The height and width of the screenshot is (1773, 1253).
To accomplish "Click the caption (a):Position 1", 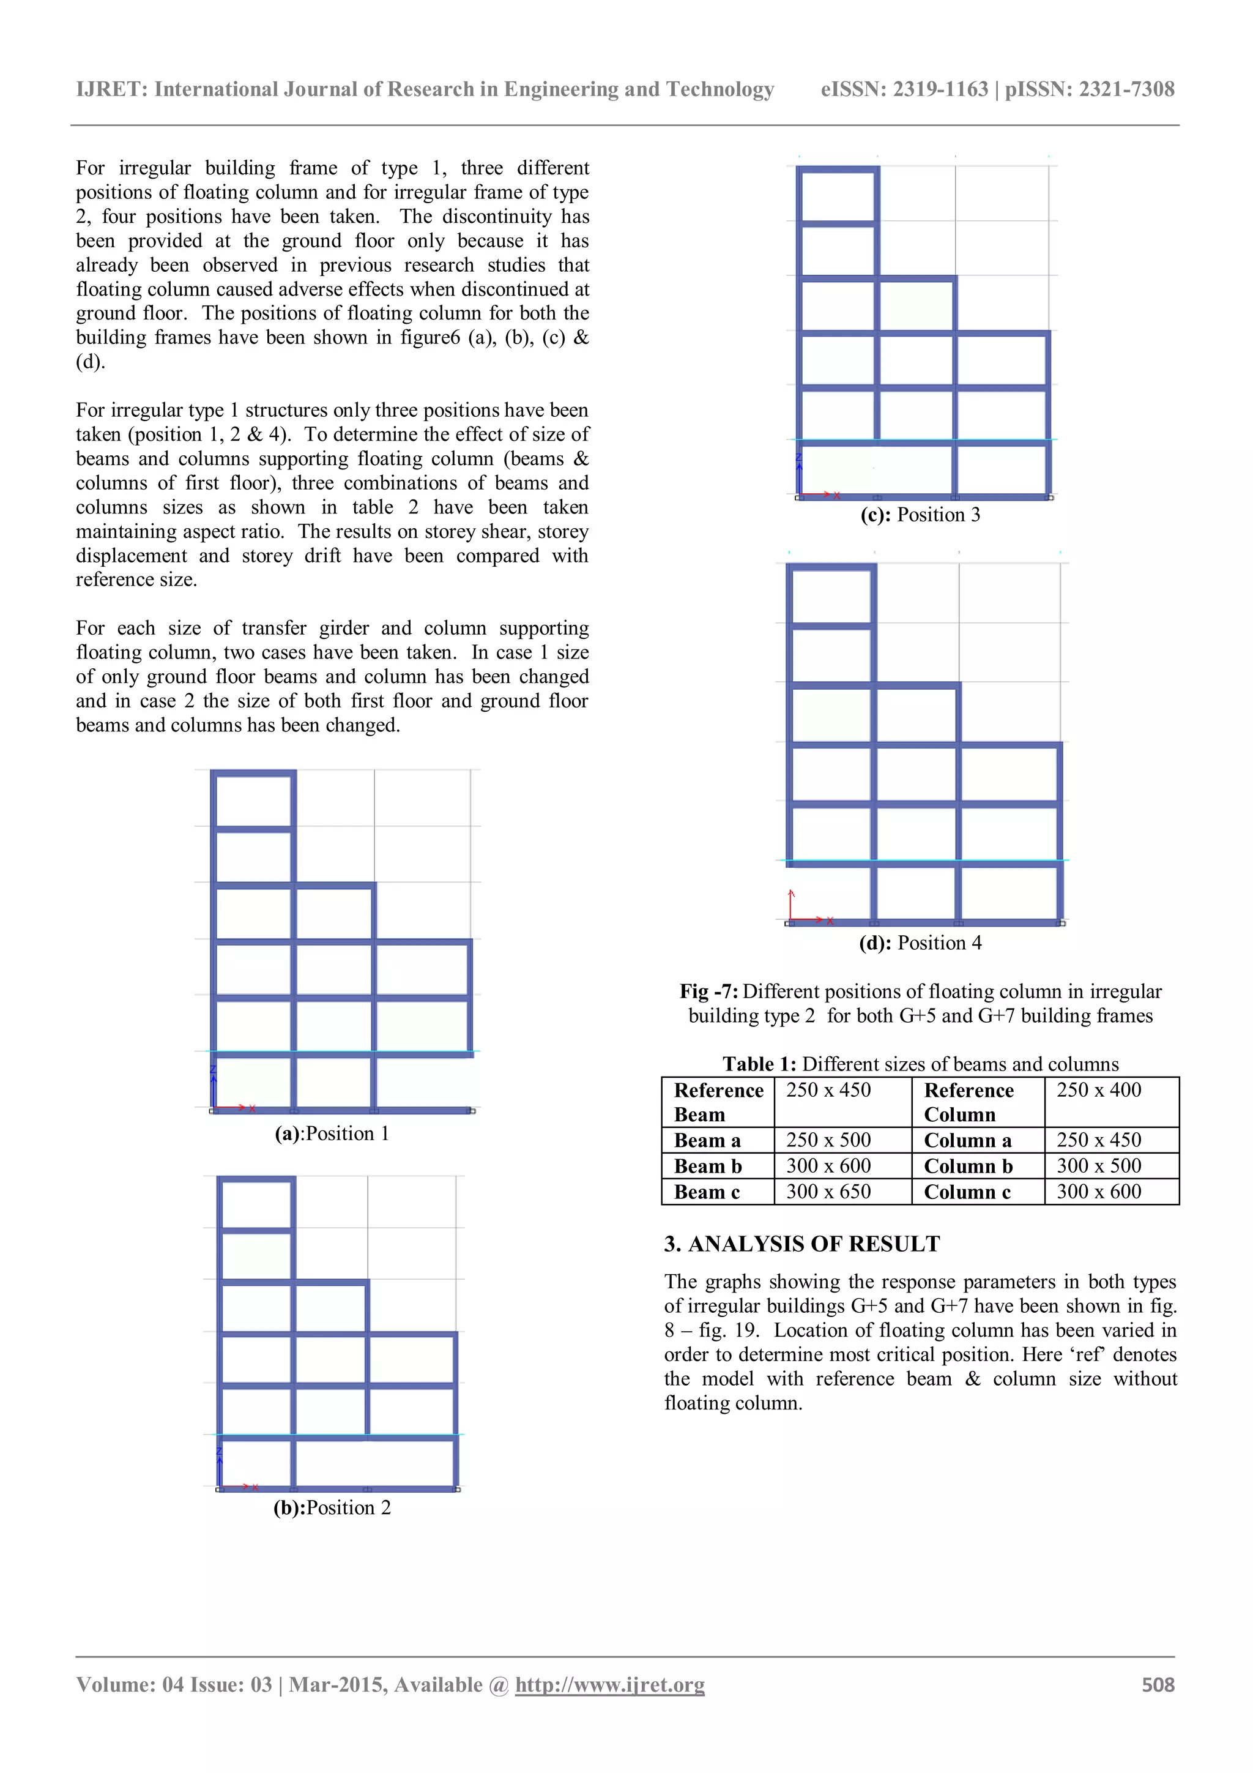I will pos(332,1133).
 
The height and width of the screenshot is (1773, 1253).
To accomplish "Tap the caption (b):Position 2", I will pos(332,1507).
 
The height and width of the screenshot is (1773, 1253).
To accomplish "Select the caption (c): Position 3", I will pos(920,515).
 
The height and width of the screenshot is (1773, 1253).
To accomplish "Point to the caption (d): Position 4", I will pos(920,943).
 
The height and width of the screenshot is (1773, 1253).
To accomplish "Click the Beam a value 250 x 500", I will pos(828,1140).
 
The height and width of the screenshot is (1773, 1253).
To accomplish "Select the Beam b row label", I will pos(707,1166).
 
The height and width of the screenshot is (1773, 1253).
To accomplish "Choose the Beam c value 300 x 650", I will pos(828,1192).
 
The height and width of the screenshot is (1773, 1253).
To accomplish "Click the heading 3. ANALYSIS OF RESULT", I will pos(801,1244).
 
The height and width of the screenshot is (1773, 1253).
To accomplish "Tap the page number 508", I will pos(1158,1684).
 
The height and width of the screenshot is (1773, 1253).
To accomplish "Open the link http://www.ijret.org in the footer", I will pos(609,1684).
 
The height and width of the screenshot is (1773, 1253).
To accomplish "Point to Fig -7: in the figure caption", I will pos(708,991).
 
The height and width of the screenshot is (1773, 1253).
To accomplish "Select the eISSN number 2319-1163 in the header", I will pos(940,89).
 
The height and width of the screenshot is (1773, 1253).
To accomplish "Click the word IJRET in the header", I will pos(111,89).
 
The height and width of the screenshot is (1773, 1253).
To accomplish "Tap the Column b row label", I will pos(967,1166).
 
